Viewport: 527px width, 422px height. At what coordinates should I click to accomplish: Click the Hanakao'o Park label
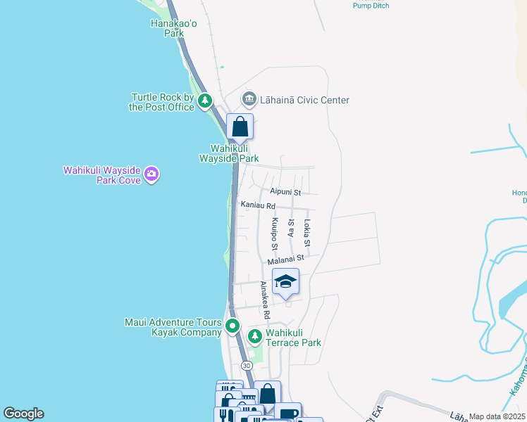coord(168,27)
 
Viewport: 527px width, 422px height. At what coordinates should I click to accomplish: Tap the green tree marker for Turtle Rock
coord(205,102)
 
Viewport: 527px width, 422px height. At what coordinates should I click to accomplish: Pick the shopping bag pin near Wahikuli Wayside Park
coord(240,127)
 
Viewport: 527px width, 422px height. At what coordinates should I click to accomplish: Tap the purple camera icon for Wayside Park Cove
coord(151,174)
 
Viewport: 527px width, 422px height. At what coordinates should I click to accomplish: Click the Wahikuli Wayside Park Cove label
coord(102,174)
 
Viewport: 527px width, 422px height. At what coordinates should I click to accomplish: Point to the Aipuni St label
coord(285,192)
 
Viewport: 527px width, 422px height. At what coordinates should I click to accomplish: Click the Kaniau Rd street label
coord(257,205)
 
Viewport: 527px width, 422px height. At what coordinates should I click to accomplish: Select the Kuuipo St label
coord(274,234)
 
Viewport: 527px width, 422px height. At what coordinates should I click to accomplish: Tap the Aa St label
coord(291,227)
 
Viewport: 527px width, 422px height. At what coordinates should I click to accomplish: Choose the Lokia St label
coord(306,233)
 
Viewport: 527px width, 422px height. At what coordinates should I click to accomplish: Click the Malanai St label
coord(285,259)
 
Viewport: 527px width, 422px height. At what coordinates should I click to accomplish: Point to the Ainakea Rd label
coord(265,298)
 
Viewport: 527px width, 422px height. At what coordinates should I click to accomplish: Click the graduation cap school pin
coord(285,281)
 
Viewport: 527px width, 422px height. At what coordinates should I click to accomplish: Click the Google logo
coord(23,414)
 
